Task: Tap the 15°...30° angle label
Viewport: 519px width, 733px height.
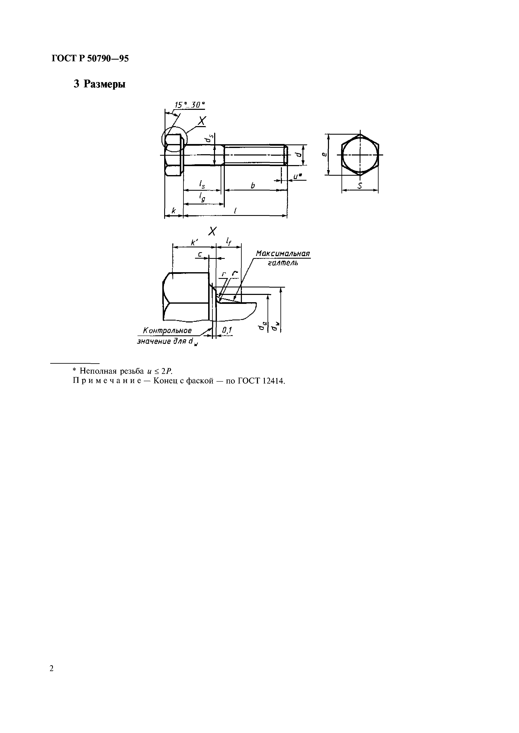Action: pyautogui.click(x=190, y=105)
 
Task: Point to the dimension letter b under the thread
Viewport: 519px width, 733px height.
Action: pyautogui.click(x=253, y=185)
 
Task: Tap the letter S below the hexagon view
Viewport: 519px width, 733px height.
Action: pyautogui.click(x=360, y=186)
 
